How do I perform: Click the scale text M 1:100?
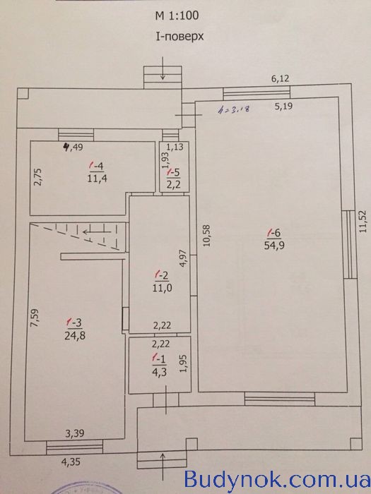click(177, 16)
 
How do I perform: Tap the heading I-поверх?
click(179, 37)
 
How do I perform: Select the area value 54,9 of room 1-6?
click(274, 246)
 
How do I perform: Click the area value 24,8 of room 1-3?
click(75, 336)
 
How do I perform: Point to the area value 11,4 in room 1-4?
click(98, 179)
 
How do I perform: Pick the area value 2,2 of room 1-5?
click(174, 185)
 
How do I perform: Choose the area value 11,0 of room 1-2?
click(162, 288)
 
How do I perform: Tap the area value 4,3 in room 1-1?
click(159, 372)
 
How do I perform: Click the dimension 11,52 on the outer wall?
click(364, 221)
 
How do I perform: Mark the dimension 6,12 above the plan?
click(280, 78)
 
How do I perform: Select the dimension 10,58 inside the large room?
click(206, 235)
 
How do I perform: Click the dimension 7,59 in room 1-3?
click(35, 318)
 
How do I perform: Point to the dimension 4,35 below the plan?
click(71, 462)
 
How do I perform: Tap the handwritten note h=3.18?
click(235, 109)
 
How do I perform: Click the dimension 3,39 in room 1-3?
click(75, 434)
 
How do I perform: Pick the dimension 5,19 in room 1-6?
click(283, 106)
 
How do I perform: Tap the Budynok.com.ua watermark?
click(277, 479)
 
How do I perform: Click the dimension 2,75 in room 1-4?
click(37, 177)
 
